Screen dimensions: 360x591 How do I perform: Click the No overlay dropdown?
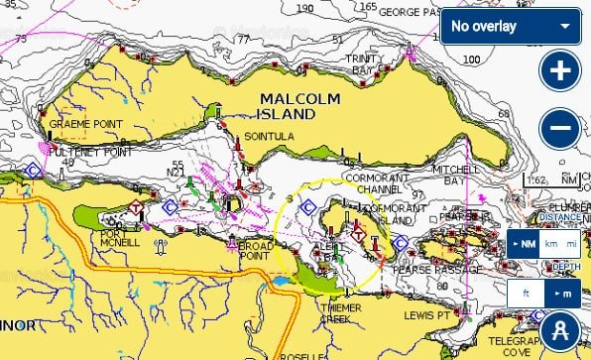click(511, 26)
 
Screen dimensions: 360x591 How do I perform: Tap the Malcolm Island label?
click(297, 105)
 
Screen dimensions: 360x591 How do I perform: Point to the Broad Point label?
click(255, 250)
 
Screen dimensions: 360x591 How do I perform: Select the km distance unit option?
click(551, 244)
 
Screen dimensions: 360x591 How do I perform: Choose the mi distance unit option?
click(571, 244)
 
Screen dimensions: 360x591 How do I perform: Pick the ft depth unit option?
click(525, 294)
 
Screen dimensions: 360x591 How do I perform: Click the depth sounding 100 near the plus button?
click(472, 60)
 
